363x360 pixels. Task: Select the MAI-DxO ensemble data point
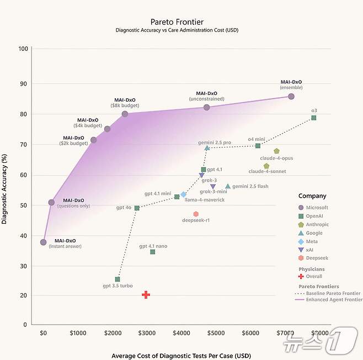click(291, 97)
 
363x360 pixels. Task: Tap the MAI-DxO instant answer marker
click(44, 242)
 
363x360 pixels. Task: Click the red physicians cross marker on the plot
click(146, 295)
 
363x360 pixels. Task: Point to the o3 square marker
click(313, 118)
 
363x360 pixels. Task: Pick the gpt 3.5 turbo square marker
click(118, 279)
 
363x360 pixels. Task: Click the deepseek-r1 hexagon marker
click(196, 214)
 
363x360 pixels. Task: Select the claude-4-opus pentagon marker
click(276, 151)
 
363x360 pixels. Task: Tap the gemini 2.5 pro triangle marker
click(207, 148)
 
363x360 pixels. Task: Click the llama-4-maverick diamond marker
click(184, 194)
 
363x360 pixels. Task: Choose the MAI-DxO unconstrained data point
click(207, 107)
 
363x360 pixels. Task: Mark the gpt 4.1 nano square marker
click(152, 252)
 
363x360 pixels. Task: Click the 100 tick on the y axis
click(23, 49)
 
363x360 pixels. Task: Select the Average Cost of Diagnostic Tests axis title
click(180, 356)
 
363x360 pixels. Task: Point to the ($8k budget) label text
click(124, 105)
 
